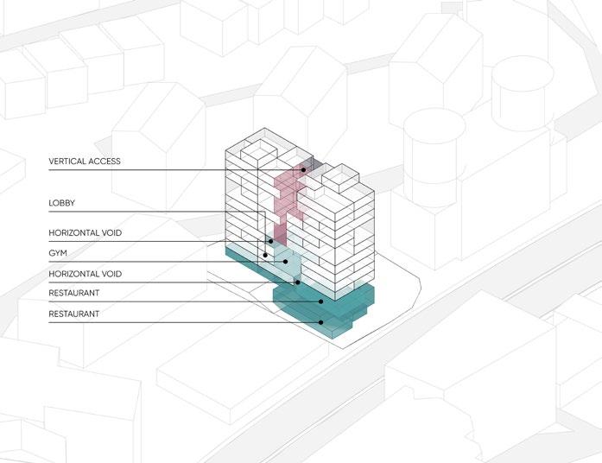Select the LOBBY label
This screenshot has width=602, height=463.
(62, 203)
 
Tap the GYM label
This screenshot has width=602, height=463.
(59, 254)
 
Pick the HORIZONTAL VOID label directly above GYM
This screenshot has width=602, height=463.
(86, 233)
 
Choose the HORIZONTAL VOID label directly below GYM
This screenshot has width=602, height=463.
(86, 274)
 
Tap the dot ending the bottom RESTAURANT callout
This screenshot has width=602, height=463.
(321, 322)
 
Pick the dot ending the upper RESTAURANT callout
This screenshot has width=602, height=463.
(321, 301)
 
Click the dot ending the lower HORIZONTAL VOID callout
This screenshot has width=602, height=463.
(297, 281)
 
